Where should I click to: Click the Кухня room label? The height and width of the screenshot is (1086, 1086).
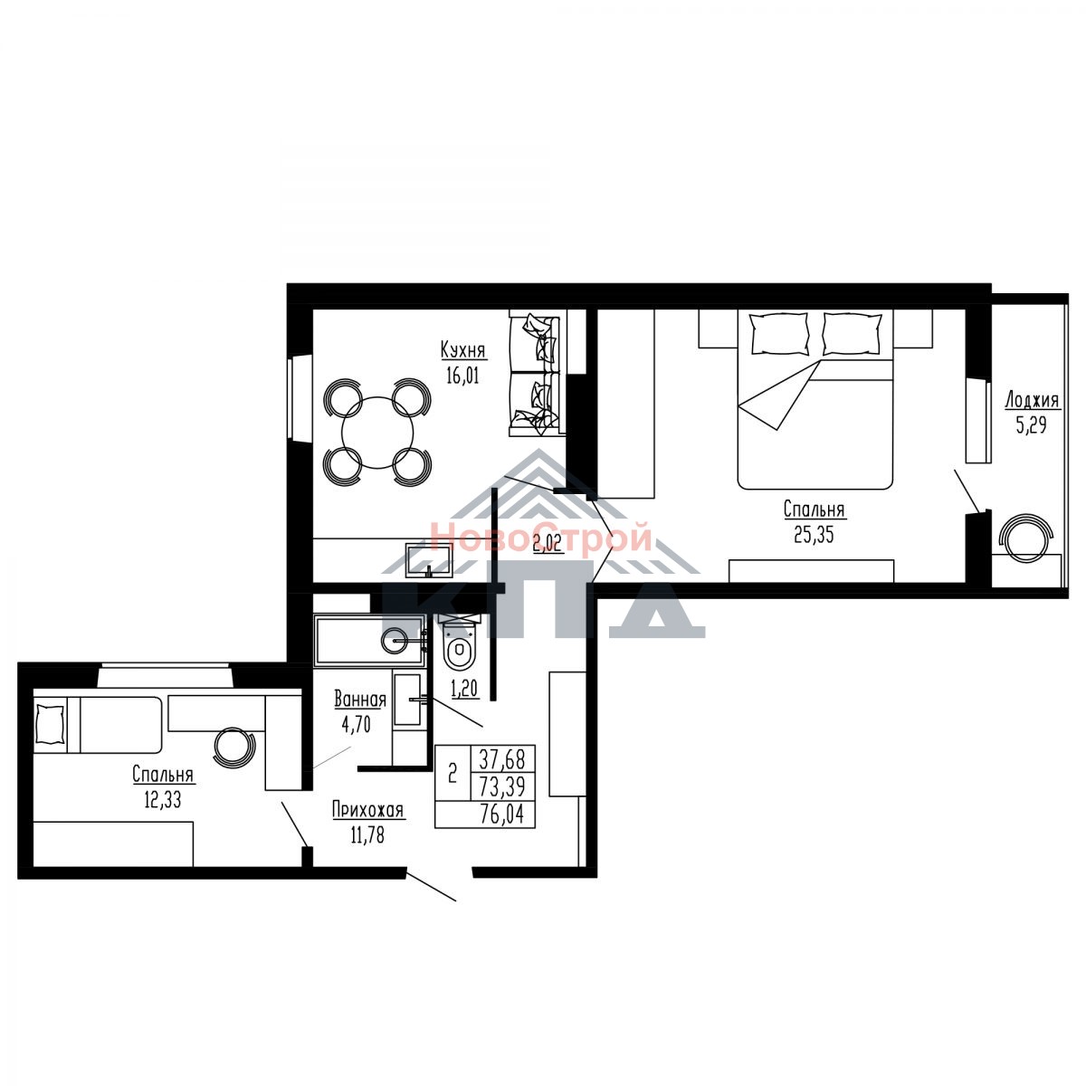point(462,349)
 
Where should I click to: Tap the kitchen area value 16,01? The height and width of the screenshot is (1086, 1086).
point(462,376)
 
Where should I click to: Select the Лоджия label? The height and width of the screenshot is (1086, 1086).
point(1032,400)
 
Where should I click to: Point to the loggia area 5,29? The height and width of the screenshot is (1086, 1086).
point(1032,425)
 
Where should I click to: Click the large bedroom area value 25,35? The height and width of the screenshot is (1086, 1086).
point(814,534)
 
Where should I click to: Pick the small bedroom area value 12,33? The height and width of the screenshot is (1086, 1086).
point(163,800)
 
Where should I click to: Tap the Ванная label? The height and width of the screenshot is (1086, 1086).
point(360,700)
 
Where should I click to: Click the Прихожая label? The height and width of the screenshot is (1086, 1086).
point(367,810)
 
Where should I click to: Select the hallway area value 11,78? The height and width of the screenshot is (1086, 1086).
point(367,834)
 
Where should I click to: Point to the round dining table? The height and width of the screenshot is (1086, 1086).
point(377,433)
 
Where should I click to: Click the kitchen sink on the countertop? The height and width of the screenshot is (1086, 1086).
point(429,558)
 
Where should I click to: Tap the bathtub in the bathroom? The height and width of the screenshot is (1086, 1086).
point(370,640)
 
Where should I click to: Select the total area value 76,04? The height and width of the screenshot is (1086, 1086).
point(502,814)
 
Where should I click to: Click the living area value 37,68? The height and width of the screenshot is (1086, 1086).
point(502,759)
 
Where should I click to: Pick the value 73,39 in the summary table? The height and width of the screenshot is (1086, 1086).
point(502,786)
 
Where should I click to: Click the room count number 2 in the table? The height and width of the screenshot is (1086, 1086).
point(452,774)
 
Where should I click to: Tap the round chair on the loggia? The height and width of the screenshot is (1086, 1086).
point(1025,537)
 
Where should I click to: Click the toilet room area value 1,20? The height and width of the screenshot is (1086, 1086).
point(465,688)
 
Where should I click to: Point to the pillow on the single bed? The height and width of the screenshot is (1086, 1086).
point(50,725)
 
